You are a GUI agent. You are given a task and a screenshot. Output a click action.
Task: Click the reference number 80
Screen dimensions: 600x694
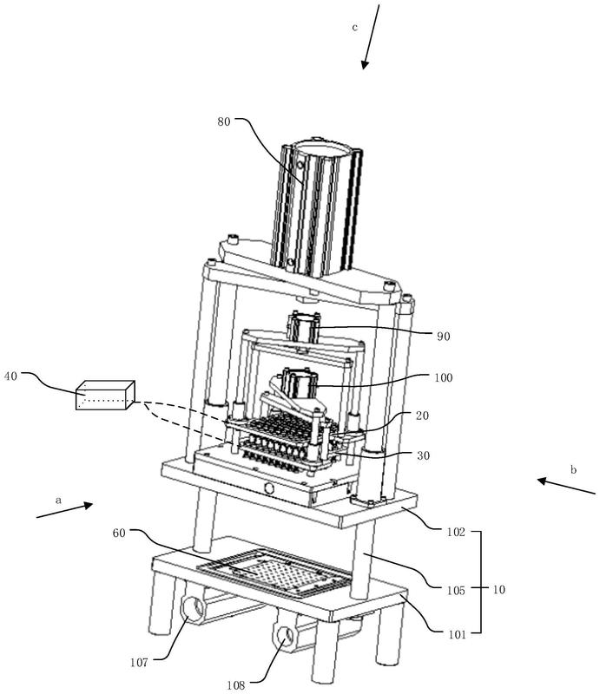(224, 121)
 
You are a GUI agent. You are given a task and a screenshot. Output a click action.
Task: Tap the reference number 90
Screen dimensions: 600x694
(443, 337)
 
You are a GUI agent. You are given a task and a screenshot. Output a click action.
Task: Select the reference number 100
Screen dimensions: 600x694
(444, 377)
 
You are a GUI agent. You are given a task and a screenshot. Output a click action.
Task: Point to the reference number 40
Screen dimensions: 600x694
(10, 376)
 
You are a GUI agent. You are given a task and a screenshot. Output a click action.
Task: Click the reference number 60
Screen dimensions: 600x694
(119, 533)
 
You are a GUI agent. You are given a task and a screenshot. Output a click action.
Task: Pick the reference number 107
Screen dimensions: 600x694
(139, 663)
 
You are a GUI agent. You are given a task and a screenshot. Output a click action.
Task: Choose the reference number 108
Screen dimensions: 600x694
(236, 685)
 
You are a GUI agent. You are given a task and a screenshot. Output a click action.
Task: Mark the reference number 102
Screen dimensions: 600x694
(456, 532)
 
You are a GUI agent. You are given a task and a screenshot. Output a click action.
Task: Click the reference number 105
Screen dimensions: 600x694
(456, 590)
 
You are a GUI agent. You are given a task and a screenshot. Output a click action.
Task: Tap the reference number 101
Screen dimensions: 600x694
(457, 634)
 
